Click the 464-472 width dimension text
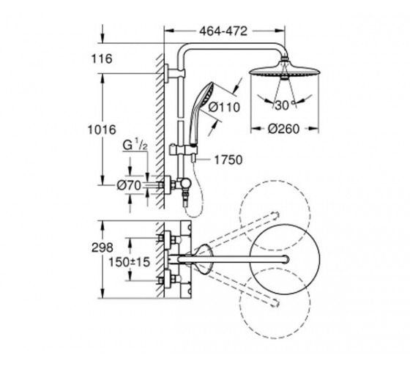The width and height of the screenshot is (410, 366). tap(223, 31)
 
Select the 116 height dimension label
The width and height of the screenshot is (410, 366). tap(102, 59)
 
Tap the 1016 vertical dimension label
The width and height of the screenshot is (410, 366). tap(102, 130)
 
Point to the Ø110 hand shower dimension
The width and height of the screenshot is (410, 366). tap(224, 107)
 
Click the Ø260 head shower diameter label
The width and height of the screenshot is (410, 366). tap(283, 129)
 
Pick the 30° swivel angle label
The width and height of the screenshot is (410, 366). tap(283, 105)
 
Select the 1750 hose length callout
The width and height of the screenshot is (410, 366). tap(228, 160)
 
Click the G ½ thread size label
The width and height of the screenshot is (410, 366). tap(135, 146)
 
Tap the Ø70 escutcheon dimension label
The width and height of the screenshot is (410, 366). tap(129, 186)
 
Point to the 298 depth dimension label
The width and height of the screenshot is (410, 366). tap(102, 247)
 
